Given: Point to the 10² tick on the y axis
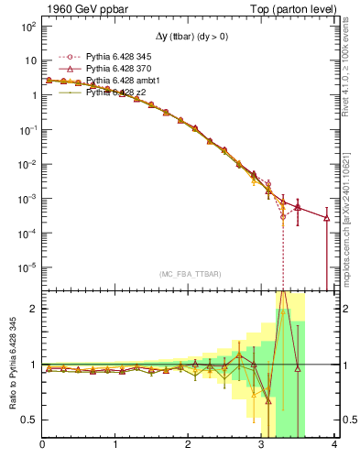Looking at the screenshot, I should pyautogui.click(x=27, y=27).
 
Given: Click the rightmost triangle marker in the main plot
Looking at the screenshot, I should pyautogui.click(x=326, y=218).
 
